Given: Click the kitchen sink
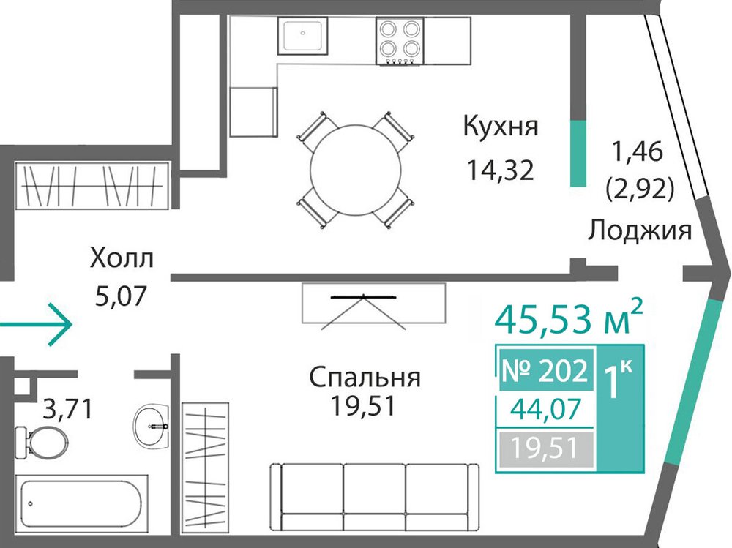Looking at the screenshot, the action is click(x=302, y=35).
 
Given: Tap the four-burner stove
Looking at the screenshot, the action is click(x=400, y=41).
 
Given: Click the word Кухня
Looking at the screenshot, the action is click(x=501, y=127).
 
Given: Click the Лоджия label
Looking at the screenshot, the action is click(x=639, y=230).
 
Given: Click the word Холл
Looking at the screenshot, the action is click(x=122, y=258).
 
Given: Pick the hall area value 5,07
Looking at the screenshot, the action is click(x=121, y=296).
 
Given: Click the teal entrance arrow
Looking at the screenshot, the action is click(x=36, y=324).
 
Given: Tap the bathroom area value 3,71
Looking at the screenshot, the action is click(x=68, y=409).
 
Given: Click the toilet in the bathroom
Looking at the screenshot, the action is click(x=41, y=441).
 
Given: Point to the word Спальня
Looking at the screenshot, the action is click(x=365, y=377).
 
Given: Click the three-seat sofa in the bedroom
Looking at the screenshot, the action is click(x=375, y=497).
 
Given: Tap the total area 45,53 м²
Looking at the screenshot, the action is click(x=569, y=318).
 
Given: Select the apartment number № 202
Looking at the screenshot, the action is click(x=545, y=371).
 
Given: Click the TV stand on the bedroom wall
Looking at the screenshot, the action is click(x=373, y=303).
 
